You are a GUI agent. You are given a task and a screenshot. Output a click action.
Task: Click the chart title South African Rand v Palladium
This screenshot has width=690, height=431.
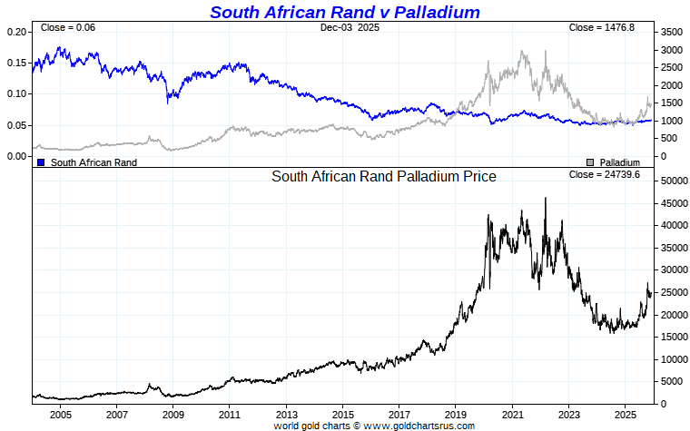[x=344, y=12]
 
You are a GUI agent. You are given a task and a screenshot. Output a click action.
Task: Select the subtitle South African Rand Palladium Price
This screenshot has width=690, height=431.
[x=384, y=177]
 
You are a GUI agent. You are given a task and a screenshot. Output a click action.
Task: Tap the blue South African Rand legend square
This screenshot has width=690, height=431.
[x=41, y=162]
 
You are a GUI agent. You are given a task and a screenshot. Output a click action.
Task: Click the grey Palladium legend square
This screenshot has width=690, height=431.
[x=590, y=162]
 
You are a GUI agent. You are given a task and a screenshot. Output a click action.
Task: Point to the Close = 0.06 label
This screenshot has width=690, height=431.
[x=68, y=28]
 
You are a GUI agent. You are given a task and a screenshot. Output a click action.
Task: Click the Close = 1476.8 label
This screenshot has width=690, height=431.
[x=601, y=28]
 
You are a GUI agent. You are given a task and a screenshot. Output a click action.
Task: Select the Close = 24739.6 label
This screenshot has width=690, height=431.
[x=604, y=174]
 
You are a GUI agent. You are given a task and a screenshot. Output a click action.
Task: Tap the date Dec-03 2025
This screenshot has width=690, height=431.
[x=350, y=28]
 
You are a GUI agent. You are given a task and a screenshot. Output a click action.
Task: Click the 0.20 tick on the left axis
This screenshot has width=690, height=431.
[x=17, y=32]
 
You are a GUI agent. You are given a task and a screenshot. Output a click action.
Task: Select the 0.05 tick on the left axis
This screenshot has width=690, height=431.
[x=17, y=125]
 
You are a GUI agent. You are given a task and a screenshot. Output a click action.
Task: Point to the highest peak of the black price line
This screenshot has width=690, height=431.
[x=545, y=198]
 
